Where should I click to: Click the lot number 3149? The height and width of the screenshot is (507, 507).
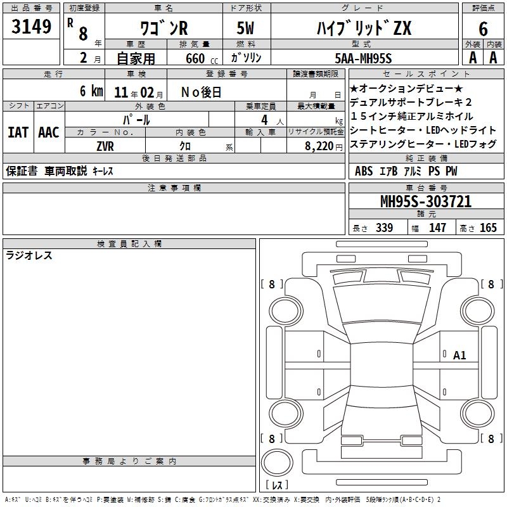coord(31,26)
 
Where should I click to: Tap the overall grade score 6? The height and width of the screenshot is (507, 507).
coord(483,29)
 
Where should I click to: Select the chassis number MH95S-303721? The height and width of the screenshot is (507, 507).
coord(426,201)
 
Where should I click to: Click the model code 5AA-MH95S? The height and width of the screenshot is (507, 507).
coord(363,58)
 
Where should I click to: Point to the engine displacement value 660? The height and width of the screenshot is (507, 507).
coord(195,58)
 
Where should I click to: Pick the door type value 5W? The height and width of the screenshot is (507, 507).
coord(245,28)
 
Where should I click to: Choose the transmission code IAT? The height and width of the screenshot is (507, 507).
coord(18,132)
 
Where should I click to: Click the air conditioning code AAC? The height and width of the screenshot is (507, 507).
coord(49,132)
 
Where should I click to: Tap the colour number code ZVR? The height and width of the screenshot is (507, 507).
coord(105,146)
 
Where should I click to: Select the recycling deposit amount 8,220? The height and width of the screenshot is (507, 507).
coord(319,146)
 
